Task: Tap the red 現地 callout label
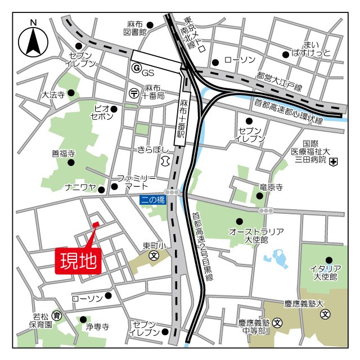[78, 260]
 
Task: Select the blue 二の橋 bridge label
[153, 199]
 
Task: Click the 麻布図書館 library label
[137, 28]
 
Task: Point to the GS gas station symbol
[135, 67]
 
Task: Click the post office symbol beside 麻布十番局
[134, 92]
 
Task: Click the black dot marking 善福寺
[71, 163]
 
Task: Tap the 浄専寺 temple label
[97, 327]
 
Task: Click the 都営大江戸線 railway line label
[280, 82]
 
